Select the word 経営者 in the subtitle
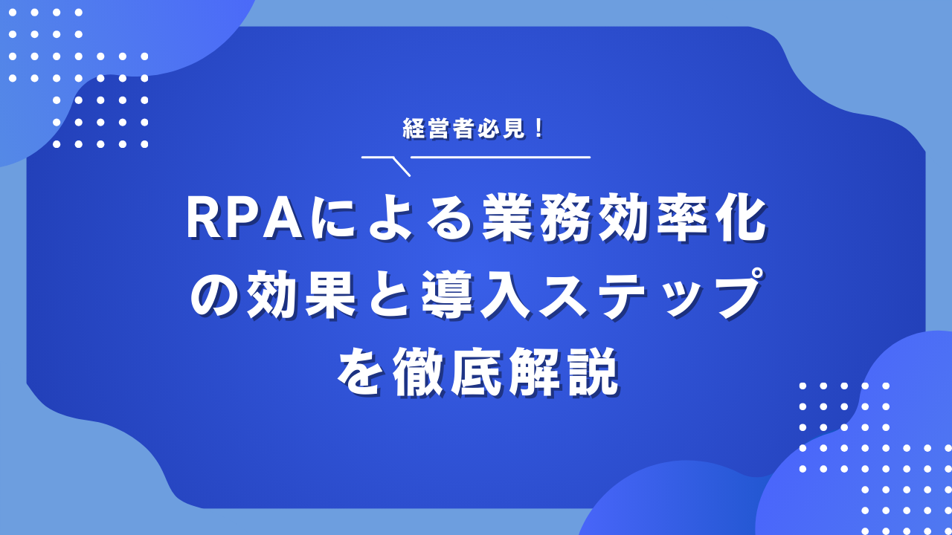tap(439, 129)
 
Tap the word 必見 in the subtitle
tap(501, 129)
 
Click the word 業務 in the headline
tap(539, 219)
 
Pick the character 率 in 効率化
tap(684, 219)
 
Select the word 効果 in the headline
tap(301, 295)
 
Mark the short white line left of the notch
tap(376, 157)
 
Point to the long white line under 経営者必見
tap(501, 157)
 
